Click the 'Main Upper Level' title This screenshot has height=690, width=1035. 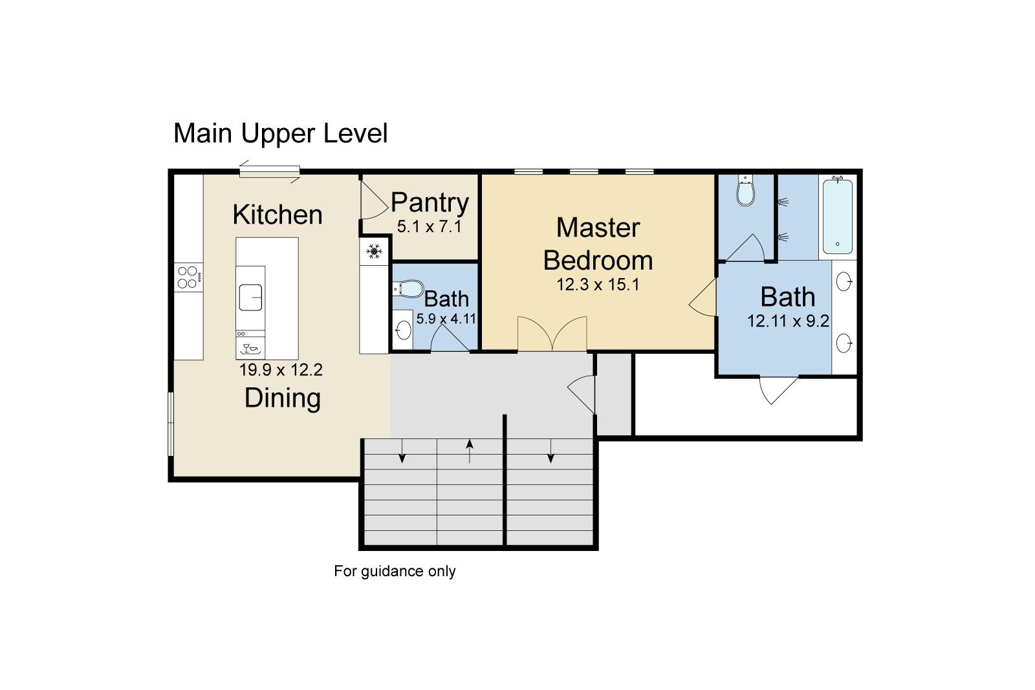(x=280, y=134)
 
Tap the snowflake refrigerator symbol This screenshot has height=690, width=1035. (x=374, y=251)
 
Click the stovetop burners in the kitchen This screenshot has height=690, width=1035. (x=188, y=277)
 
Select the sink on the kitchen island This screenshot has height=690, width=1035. (x=250, y=297)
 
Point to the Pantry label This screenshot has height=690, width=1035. (x=430, y=203)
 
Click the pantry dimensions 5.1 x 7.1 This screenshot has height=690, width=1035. (x=429, y=227)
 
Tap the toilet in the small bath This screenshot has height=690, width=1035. (x=407, y=287)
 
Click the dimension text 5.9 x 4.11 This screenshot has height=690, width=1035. (x=446, y=319)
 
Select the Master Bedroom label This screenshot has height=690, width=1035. (x=598, y=244)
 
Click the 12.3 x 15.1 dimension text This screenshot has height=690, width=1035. (x=598, y=285)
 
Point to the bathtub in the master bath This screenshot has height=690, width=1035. (x=837, y=217)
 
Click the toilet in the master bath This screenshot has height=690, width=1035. (x=745, y=191)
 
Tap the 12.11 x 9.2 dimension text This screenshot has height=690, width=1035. (x=788, y=321)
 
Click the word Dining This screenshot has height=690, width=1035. (x=283, y=398)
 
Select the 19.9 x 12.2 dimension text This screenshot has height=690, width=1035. (x=281, y=371)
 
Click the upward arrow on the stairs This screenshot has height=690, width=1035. (x=470, y=451)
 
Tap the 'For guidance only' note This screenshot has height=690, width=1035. (x=395, y=572)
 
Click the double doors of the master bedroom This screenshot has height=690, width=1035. (x=552, y=334)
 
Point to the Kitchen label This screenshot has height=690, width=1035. (x=278, y=215)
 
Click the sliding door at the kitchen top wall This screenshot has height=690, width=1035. (x=270, y=171)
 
